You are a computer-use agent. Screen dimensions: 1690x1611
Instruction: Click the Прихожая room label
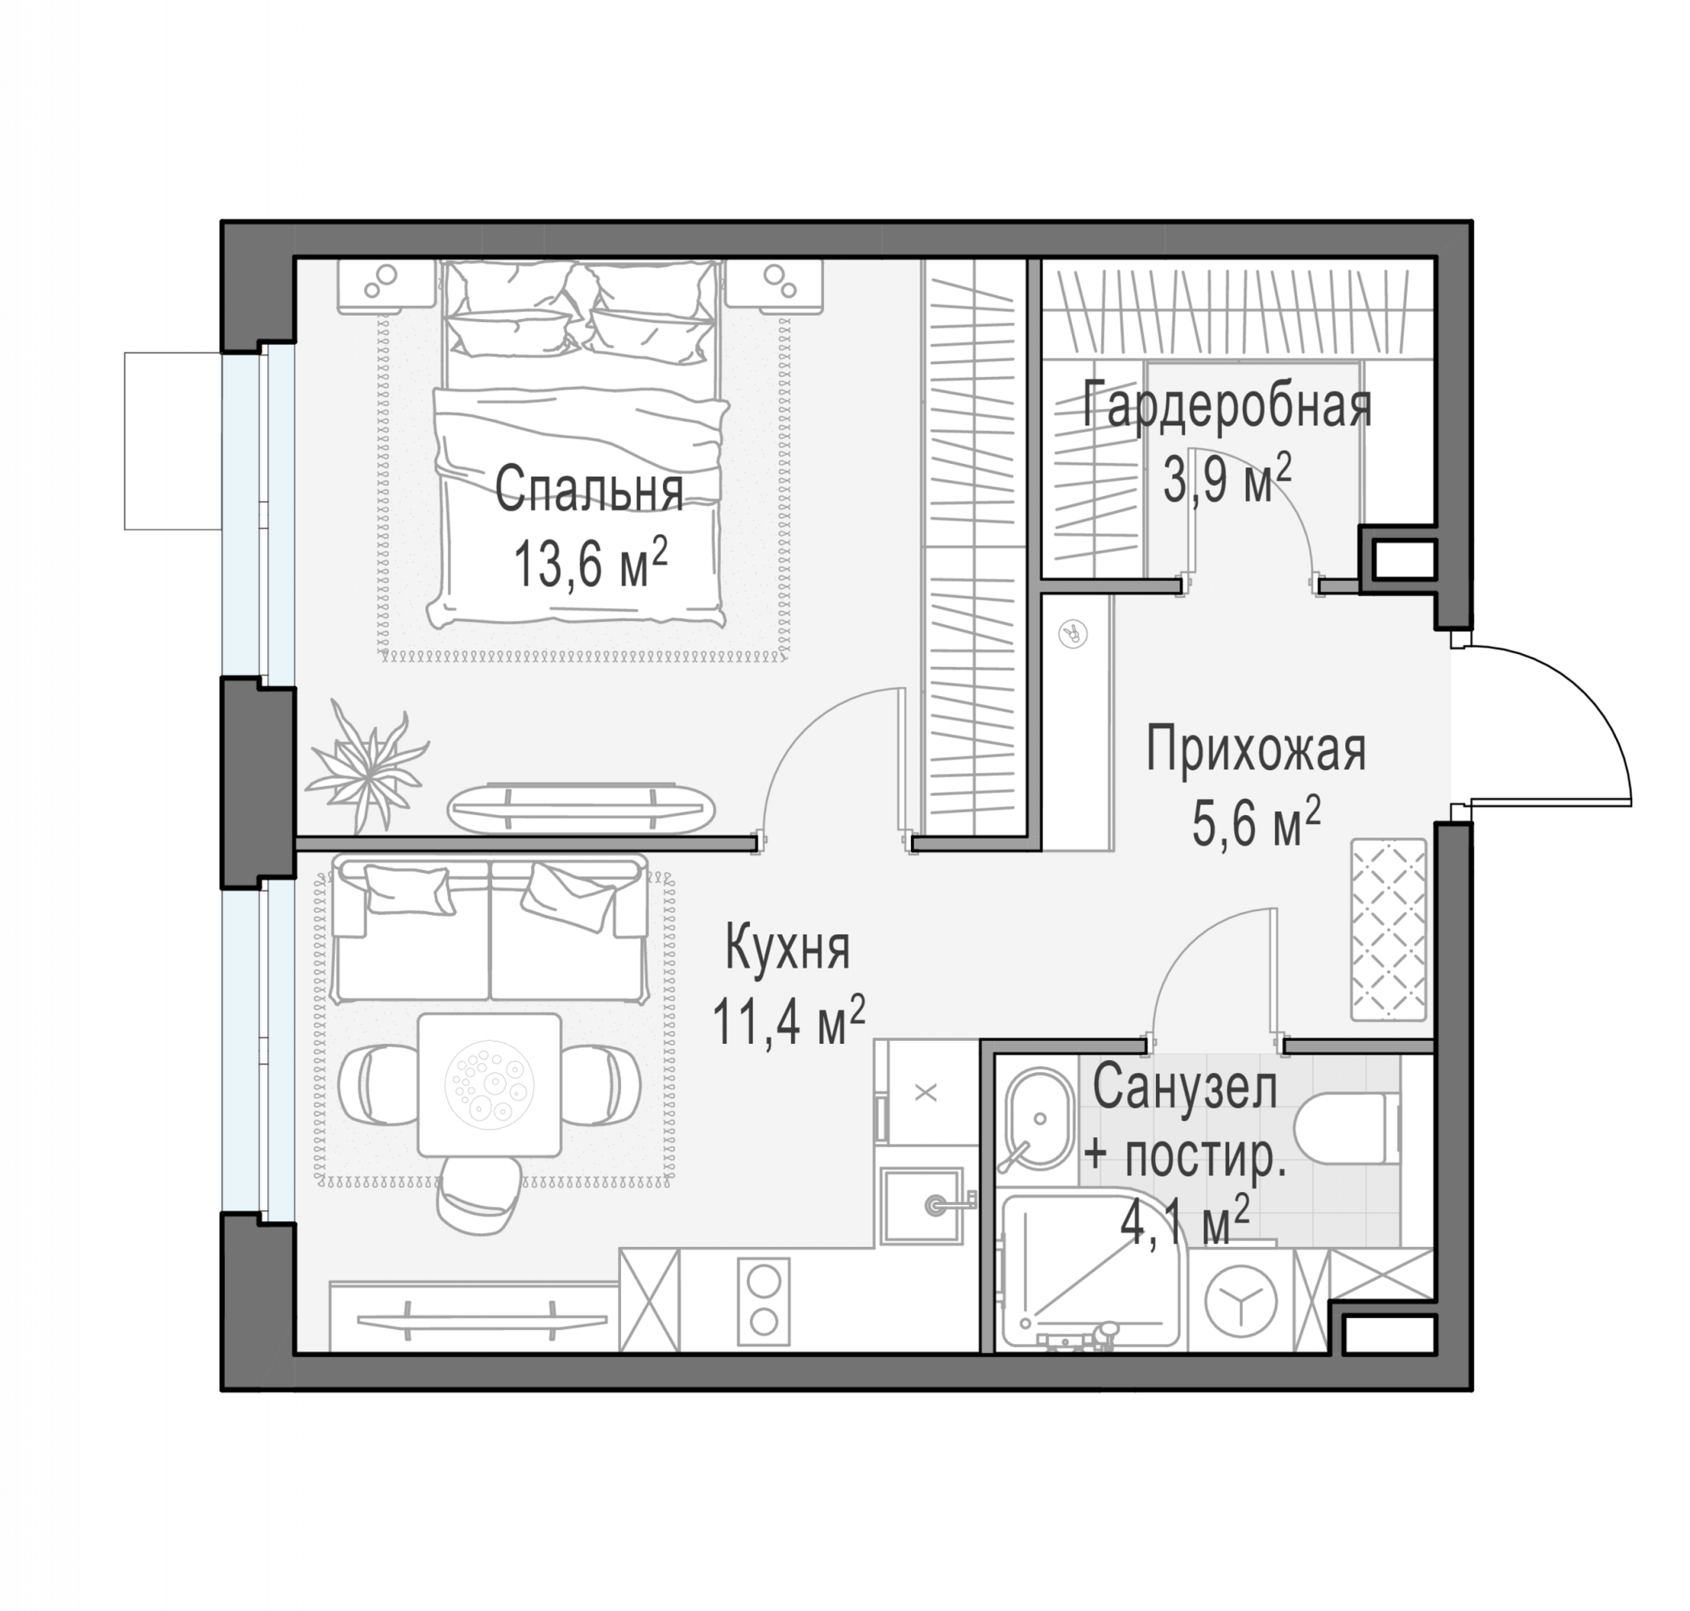pyautogui.click(x=1256, y=751)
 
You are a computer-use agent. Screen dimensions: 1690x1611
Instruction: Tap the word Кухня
pyautogui.click(x=788, y=947)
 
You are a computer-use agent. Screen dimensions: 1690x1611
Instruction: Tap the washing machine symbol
pyautogui.click(x=1240, y=1300)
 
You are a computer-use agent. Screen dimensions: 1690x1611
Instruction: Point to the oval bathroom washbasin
pyautogui.click(x=1038, y=1119)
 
